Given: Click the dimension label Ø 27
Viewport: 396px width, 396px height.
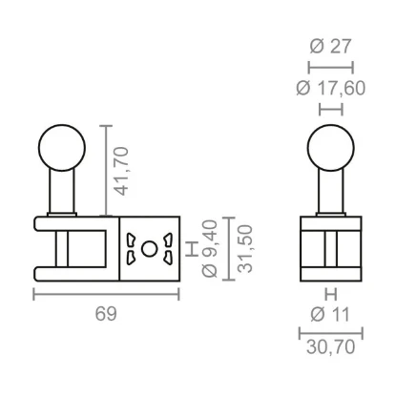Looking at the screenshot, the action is click(x=330, y=47).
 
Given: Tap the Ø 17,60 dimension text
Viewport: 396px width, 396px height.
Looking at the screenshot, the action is click(x=331, y=88).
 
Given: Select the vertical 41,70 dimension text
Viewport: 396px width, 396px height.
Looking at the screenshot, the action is click(x=122, y=171).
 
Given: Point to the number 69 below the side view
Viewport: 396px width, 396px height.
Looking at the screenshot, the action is click(x=106, y=314).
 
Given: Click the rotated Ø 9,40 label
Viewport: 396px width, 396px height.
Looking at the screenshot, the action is click(x=210, y=248).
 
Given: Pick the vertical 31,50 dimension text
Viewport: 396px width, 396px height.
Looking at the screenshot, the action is click(x=245, y=248).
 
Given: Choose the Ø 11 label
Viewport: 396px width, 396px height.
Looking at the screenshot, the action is click(x=330, y=315).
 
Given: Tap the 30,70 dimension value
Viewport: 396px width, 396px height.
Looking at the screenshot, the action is click(x=331, y=346).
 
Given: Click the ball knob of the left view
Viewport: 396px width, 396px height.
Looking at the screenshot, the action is click(x=62, y=148).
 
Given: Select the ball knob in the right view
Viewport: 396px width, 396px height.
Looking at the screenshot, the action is click(x=331, y=148).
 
